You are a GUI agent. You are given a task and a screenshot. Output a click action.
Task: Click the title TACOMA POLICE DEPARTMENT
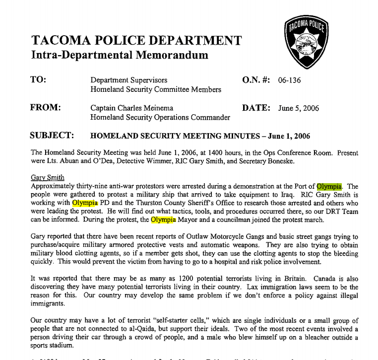[x=136, y=40]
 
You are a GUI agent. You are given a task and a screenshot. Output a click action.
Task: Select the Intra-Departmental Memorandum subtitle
[x=120, y=55]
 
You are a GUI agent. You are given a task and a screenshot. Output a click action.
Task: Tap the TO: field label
[x=38, y=80]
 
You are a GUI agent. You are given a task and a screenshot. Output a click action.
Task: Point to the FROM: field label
[x=46, y=108]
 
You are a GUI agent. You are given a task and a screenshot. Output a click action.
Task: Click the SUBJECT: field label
[x=53, y=136]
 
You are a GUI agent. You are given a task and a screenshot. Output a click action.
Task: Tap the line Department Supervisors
[x=128, y=80]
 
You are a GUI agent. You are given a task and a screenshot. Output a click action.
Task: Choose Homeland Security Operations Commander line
[x=160, y=118]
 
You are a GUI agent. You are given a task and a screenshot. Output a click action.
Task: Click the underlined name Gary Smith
[x=47, y=177]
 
